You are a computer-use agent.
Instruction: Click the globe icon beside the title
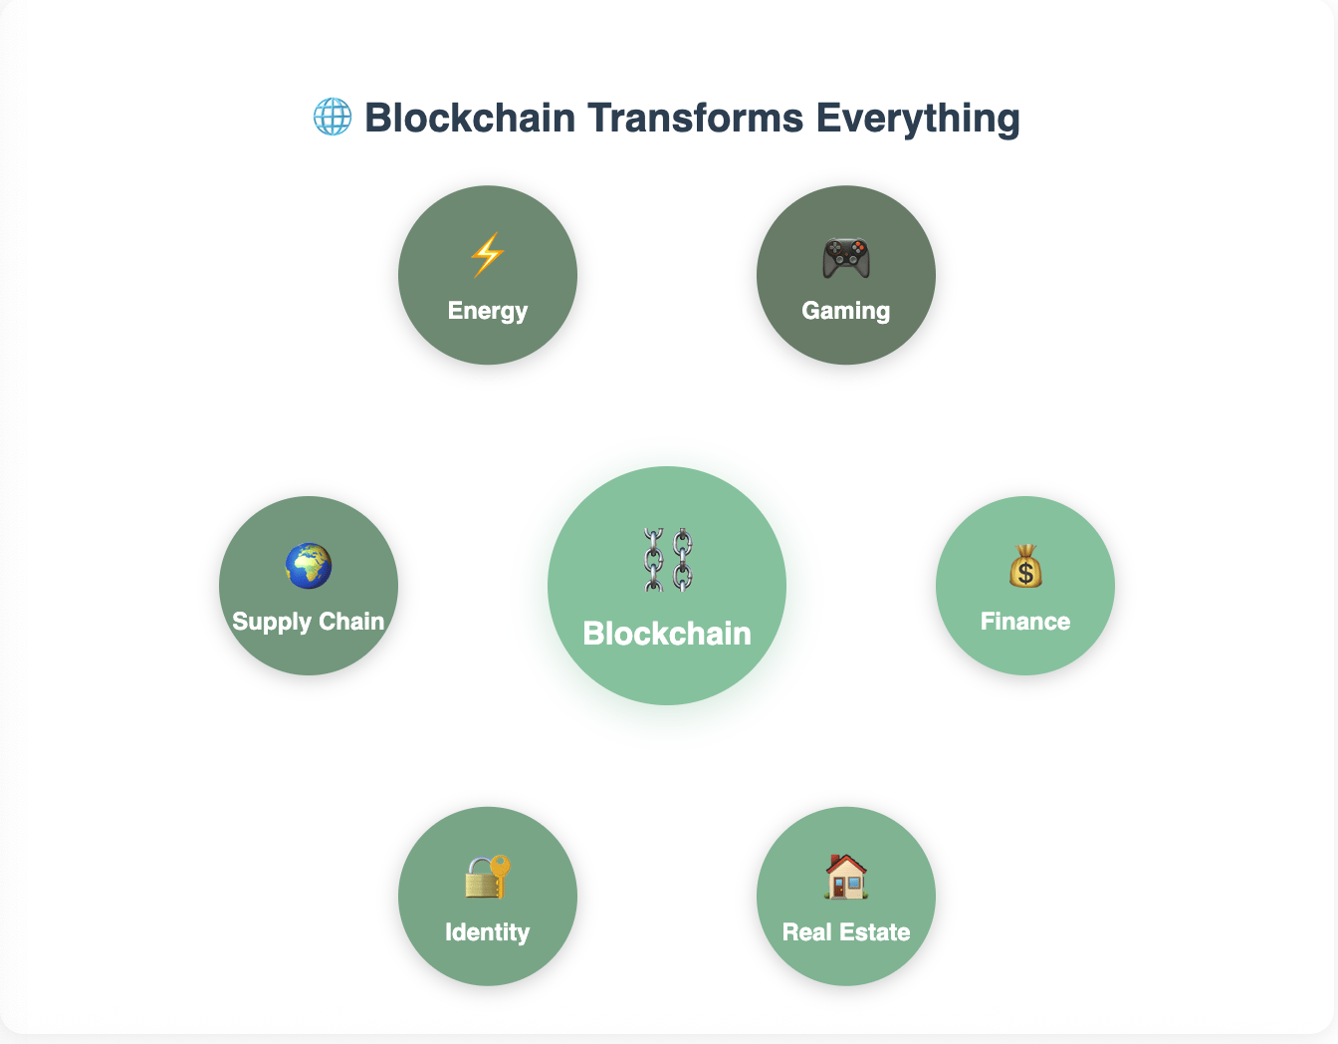click(333, 117)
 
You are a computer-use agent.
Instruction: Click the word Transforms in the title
click(695, 117)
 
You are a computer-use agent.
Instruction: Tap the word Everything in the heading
click(918, 119)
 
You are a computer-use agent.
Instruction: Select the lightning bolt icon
click(488, 255)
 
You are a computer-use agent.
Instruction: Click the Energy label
click(488, 311)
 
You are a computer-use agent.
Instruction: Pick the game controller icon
click(846, 257)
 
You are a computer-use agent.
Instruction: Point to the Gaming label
click(846, 311)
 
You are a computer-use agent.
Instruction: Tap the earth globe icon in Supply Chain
click(309, 566)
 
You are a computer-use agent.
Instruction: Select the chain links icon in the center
click(667, 560)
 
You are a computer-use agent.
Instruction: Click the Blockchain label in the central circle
click(667, 634)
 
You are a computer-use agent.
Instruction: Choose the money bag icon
click(1025, 566)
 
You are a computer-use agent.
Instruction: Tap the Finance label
click(1025, 622)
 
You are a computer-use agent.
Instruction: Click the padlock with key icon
click(488, 877)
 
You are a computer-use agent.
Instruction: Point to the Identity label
click(488, 932)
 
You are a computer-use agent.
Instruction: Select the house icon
click(846, 877)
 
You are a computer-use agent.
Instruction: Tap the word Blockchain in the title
click(471, 117)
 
